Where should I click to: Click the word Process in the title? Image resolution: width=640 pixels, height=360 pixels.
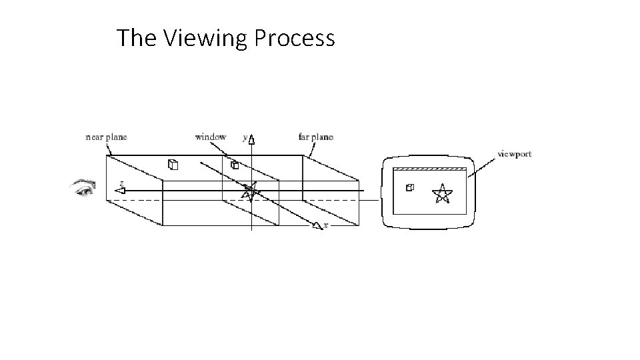295,39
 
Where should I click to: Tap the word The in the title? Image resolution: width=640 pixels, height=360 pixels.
136,39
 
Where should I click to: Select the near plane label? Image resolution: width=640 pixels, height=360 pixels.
107,137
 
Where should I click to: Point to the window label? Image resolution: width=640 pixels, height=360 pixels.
210,137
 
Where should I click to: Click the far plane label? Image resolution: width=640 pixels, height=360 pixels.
315,137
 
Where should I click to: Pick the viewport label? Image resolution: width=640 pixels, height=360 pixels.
515,154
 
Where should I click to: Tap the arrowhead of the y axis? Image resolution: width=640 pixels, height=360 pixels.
251,140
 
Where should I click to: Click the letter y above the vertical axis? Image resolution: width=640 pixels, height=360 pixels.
245,137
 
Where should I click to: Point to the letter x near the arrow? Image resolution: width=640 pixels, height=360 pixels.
325,226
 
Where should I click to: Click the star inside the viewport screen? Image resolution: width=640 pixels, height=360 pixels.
441,193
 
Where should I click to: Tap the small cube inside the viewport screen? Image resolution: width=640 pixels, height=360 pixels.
409,187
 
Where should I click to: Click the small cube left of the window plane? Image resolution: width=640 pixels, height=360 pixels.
172,164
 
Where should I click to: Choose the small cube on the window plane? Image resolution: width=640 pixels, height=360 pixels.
234,165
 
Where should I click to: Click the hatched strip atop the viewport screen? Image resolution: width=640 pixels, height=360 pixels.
429,169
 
